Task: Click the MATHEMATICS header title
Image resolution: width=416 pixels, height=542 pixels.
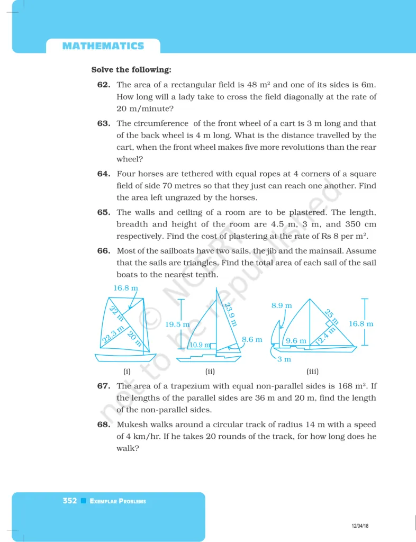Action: (103, 46)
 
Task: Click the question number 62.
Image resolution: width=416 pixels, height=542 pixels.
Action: (103, 85)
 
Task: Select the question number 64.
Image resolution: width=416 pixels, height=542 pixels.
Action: (103, 174)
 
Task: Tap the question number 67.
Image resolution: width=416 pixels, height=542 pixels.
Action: (103, 386)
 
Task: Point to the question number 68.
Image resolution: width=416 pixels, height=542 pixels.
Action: (103, 424)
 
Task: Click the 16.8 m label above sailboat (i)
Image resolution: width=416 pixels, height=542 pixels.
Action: (126, 288)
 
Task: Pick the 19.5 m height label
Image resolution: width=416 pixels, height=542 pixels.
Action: (178, 324)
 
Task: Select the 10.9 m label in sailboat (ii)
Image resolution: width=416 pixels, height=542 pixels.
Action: (200, 345)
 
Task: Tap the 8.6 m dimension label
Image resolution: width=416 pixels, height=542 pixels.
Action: (252, 339)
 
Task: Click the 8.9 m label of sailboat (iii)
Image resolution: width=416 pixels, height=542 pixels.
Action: (282, 305)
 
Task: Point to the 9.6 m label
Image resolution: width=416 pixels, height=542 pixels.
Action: (296, 341)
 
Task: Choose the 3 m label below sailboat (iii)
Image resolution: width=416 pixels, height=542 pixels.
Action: (285, 360)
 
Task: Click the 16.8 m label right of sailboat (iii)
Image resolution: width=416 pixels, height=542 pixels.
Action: (361, 323)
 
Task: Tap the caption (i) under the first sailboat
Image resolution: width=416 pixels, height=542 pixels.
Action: (126, 371)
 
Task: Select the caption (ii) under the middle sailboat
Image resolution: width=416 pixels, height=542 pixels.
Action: (210, 371)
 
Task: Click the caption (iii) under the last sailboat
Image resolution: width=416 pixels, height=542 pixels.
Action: (312, 371)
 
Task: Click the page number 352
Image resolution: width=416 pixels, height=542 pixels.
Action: (69, 501)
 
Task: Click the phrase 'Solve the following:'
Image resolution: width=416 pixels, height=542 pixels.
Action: (131, 70)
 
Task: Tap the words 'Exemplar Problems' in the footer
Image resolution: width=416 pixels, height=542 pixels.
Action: (118, 501)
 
